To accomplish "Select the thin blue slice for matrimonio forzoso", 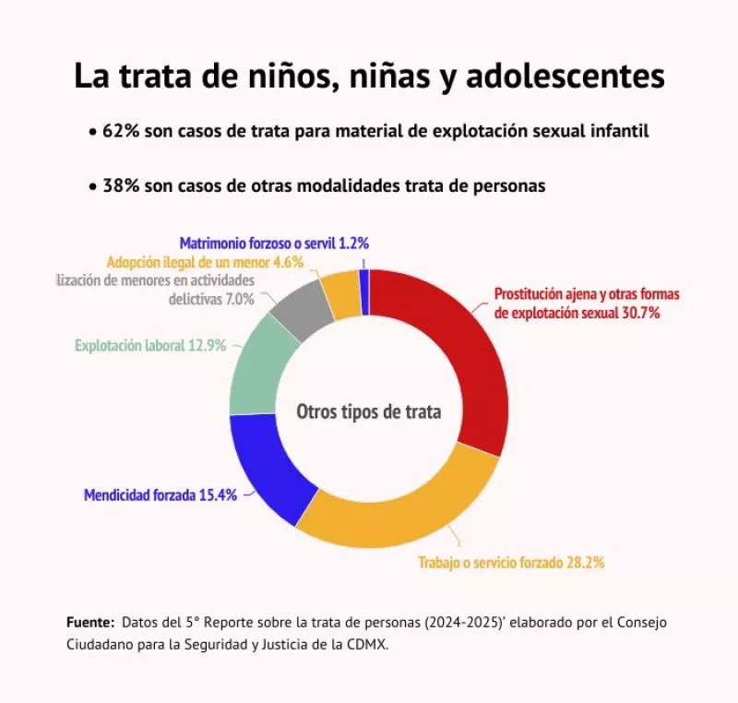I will point(364,291).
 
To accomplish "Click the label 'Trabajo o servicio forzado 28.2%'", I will point(511,562).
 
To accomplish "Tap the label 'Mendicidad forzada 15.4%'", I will point(161,494).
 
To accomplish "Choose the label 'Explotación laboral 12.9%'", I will point(150,347).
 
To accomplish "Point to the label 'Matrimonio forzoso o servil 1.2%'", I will point(274,244).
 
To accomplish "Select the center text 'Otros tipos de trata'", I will point(368,411).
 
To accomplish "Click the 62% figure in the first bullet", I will point(120,131).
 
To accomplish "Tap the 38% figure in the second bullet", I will point(120,185).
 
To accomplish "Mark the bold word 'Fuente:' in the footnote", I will point(90,622).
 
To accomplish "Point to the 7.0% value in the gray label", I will point(238,300).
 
